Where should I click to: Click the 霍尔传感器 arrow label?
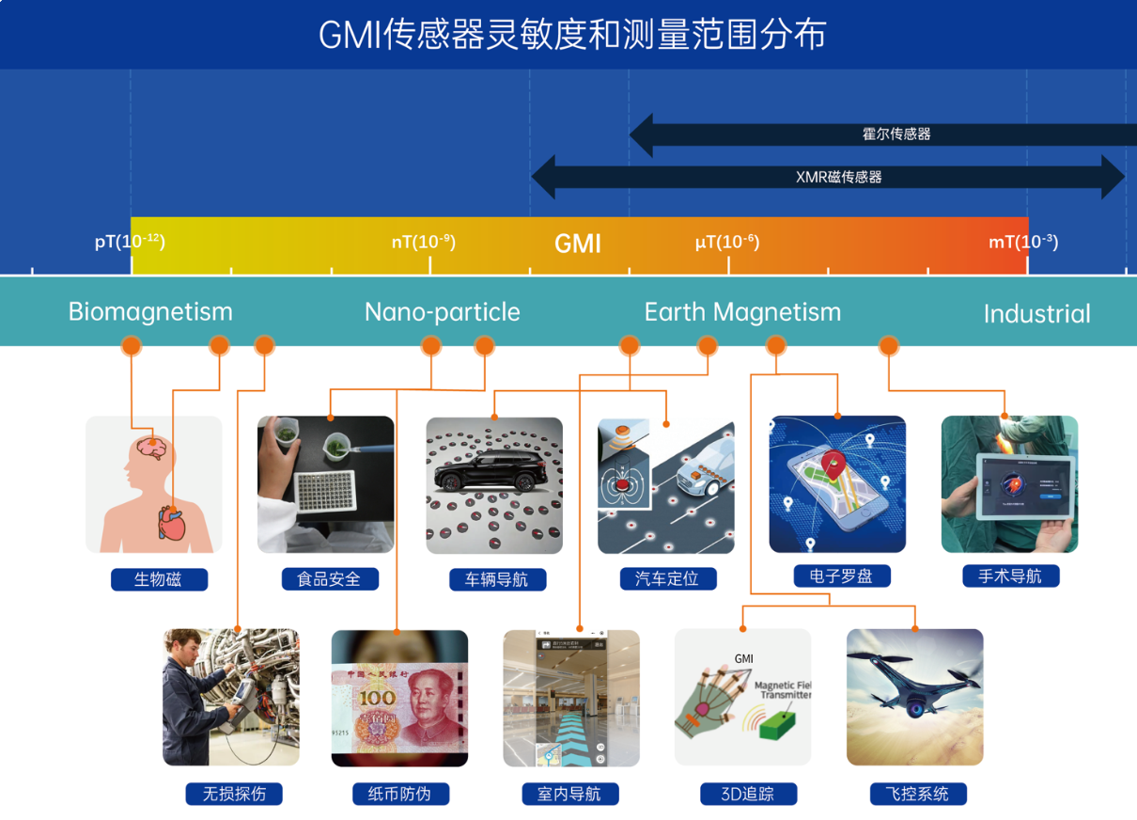[x=896, y=134]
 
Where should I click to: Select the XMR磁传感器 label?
[x=838, y=177]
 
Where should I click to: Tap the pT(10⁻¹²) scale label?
[x=130, y=242]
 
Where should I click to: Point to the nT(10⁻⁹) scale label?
[x=423, y=242]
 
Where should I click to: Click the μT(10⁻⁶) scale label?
[x=726, y=242]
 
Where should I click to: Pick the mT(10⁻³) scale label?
[x=1022, y=242]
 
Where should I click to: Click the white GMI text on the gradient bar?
[x=577, y=244]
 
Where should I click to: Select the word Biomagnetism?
[x=150, y=311]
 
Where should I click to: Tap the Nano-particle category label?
[x=442, y=311]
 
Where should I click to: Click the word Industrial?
[x=1036, y=314]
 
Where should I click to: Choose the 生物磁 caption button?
[x=158, y=579]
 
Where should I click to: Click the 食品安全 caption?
[x=329, y=579]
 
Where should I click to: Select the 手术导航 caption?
[x=1010, y=576]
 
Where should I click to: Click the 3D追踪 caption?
[x=748, y=794]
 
